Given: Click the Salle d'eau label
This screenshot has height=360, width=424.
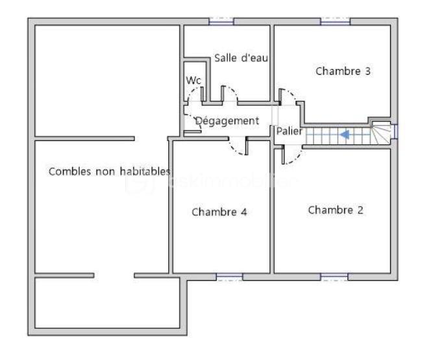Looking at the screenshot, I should pos(242,58).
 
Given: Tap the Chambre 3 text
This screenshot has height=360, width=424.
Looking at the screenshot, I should pos(343,71).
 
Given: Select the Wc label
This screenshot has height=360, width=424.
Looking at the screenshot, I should pos(193,80).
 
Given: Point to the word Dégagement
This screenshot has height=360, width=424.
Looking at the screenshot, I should pos(227,121).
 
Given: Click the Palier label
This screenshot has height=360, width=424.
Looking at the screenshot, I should pos(289,131).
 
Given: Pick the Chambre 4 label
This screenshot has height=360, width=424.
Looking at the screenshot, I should pos(219,212).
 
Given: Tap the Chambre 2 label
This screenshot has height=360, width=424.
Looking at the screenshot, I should pos(335,210).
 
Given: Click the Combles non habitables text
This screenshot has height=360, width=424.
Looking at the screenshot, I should pos(110,172).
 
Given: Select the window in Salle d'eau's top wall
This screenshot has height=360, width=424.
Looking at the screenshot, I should pos(221,21).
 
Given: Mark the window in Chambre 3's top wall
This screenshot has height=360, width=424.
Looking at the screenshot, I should pos(335,21).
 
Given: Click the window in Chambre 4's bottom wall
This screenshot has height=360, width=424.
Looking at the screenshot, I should pos(229,277).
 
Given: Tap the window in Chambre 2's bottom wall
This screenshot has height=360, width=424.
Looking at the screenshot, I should pos(334,277).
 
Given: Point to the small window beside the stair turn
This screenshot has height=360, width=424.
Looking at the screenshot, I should pos(395,131).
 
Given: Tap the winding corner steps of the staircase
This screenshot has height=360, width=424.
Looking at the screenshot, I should pos(382,135).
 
